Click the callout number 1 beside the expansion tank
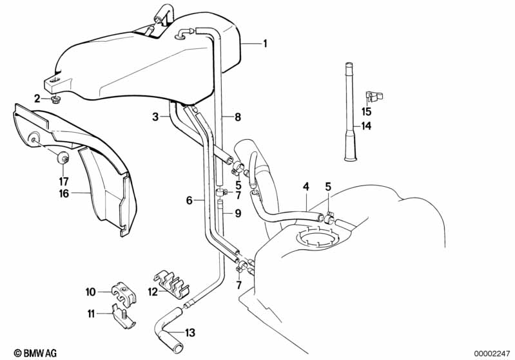[265, 43]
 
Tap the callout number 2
[37, 98]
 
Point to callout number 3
[155, 117]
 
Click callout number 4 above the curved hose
[306, 187]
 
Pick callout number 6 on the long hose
[189, 200]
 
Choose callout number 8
[238, 117]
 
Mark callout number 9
[238, 213]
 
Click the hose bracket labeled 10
[124, 294]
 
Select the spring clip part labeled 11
[124, 318]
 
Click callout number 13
[190, 332]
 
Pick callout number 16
[64, 193]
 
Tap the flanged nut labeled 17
[63, 159]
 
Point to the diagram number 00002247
[491, 353]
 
